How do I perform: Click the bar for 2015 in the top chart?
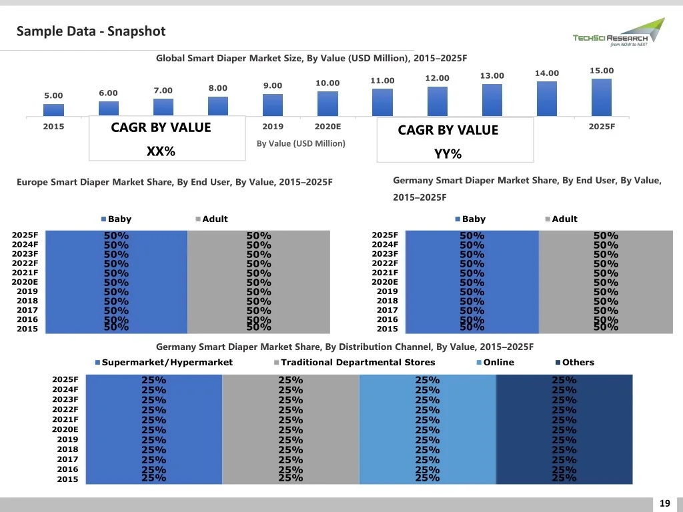click(x=53, y=110)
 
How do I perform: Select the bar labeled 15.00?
click(x=601, y=97)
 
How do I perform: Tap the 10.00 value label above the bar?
click(x=327, y=83)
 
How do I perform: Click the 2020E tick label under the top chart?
click(x=327, y=127)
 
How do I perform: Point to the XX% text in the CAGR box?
click(x=161, y=152)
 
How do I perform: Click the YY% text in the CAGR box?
click(x=448, y=155)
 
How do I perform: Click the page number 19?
click(x=664, y=503)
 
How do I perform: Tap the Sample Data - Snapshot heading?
click(x=91, y=31)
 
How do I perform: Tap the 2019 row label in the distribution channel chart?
click(x=67, y=439)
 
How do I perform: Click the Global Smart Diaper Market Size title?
click(x=311, y=58)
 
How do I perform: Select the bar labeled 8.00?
click(x=217, y=106)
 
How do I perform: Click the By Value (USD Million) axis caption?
click(x=301, y=143)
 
